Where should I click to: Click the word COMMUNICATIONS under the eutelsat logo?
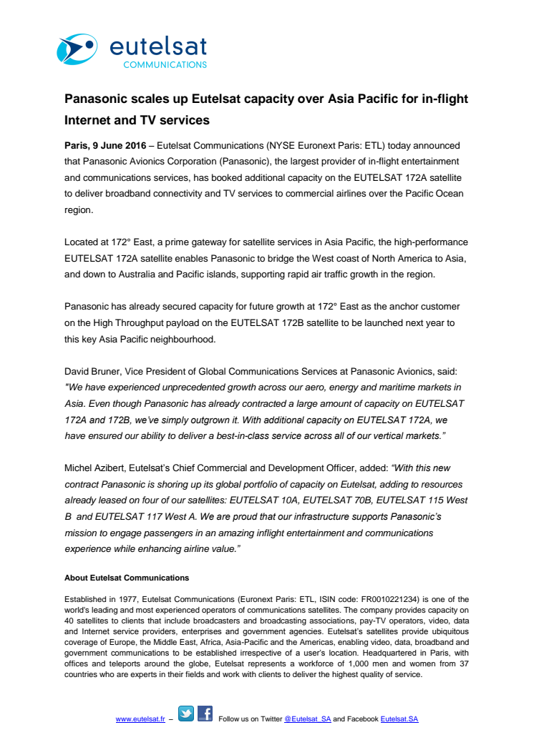coord(165,64)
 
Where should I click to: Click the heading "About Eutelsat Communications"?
coord(127,578)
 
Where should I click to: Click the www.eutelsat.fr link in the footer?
coord(140,719)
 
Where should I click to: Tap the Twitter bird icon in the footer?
coord(186,714)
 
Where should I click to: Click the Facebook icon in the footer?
coord(205,714)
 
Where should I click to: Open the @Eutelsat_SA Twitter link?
coord(307,719)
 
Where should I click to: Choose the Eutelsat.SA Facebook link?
coord(399,719)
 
